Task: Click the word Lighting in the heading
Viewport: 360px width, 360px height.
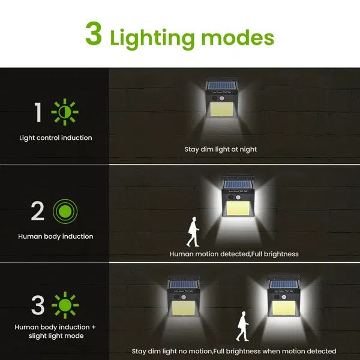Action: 152,38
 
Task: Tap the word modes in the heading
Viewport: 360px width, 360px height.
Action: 238,38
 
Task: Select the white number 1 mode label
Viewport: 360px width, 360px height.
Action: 38,112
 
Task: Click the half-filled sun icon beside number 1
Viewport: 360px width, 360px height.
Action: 65,112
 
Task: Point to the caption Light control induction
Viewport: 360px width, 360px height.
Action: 56,138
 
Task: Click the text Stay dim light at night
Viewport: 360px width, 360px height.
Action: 220,149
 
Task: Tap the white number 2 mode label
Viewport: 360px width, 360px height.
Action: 37,211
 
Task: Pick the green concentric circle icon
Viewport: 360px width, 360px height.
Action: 65,211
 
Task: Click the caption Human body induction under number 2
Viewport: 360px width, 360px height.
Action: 56,236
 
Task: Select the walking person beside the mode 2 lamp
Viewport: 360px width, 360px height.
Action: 193,232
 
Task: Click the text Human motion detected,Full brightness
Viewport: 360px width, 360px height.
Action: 234,254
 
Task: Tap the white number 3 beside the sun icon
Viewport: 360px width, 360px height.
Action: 38,305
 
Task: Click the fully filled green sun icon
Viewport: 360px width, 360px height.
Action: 65,305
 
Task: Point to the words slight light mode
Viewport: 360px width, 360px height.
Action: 56,336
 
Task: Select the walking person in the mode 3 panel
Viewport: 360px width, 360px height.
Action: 242,326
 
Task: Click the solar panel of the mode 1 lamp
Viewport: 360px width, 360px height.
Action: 222,86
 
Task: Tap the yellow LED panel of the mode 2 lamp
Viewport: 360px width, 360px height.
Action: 238,208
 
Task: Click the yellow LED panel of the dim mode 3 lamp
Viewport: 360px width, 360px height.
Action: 184,308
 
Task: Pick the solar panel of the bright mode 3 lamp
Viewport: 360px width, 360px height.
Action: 284,284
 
